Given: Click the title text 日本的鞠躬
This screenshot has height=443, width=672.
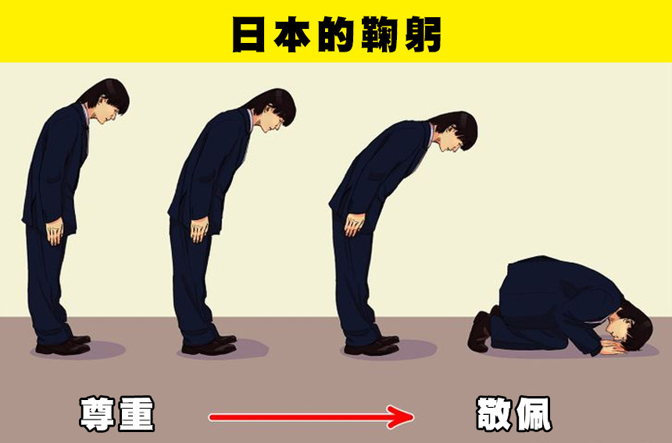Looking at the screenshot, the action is click(337, 34).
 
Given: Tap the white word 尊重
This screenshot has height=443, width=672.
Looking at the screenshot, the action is click(117, 414).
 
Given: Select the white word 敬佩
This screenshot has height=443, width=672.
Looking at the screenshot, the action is click(514, 414).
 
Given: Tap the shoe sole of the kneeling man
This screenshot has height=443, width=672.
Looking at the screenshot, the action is click(479, 331).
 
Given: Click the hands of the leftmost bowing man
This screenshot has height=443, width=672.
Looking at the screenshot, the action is click(55, 232).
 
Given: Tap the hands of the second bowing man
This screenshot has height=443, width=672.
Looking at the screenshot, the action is click(200, 230).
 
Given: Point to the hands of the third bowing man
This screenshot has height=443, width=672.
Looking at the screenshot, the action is click(354, 224).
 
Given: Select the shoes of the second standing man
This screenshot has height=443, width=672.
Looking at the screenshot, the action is click(209, 345).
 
